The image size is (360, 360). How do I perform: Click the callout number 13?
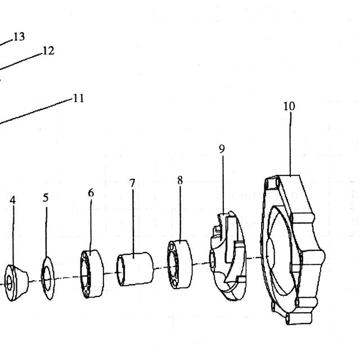click(x=19, y=37)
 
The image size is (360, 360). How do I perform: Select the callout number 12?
click(x=48, y=51)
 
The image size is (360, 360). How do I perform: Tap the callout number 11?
click(x=78, y=98)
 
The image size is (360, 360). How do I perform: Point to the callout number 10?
click(x=289, y=106)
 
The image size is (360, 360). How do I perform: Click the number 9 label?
click(x=222, y=148)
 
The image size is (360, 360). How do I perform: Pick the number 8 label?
click(x=180, y=180)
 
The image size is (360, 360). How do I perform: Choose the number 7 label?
click(x=132, y=183)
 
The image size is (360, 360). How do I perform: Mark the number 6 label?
click(x=91, y=193)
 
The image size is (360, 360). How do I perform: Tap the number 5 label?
click(x=46, y=197)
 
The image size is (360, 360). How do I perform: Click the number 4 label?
click(x=12, y=200)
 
